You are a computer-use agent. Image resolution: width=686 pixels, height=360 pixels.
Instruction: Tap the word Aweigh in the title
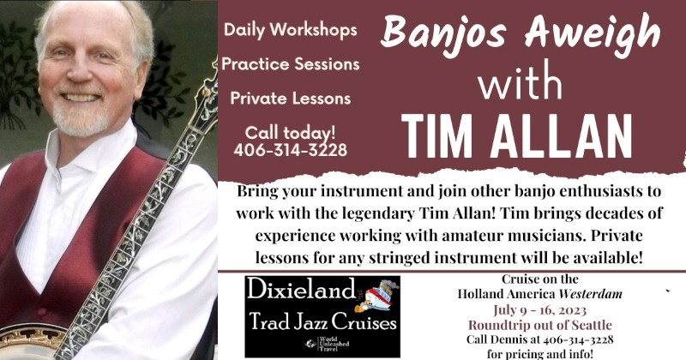click(x=593, y=32)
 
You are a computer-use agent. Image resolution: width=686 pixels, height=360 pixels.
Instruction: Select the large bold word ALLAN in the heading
click(x=561, y=136)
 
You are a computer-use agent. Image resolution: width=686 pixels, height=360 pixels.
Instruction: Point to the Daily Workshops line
click(x=291, y=30)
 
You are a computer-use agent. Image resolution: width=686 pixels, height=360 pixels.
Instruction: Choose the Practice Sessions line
click(x=291, y=64)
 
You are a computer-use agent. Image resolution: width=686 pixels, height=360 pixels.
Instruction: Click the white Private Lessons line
click(x=291, y=98)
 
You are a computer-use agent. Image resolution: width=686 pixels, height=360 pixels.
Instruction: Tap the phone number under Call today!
click(x=291, y=150)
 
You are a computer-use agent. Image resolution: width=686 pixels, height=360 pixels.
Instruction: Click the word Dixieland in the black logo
click(x=301, y=290)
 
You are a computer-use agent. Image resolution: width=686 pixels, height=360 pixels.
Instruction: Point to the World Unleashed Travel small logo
click(x=328, y=344)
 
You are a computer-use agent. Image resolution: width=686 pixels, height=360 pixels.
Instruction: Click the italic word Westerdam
click(x=591, y=294)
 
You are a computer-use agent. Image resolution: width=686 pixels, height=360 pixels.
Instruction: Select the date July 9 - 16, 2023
click(x=540, y=309)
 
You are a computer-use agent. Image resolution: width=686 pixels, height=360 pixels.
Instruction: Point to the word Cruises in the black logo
click(x=364, y=322)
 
